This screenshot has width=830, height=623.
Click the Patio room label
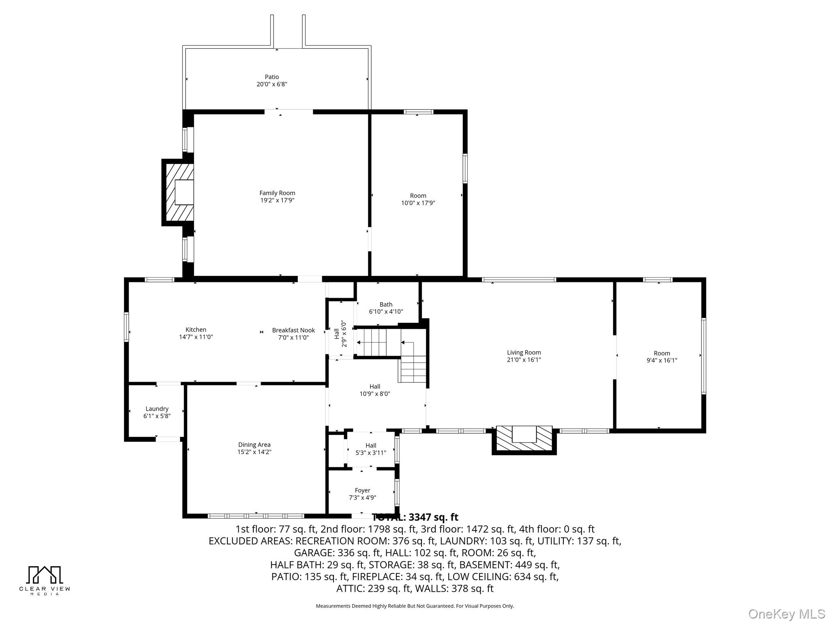(x=272, y=77)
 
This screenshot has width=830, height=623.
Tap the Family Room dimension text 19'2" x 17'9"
(x=277, y=200)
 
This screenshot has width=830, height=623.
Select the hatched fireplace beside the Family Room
(x=178, y=192)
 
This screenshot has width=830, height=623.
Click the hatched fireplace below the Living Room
(x=524, y=440)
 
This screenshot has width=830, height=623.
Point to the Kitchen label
(x=196, y=330)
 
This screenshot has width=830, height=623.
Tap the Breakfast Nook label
(x=293, y=330)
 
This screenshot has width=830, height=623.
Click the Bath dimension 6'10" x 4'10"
(x=386, y=312)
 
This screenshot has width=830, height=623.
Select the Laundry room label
(x=157, y=409)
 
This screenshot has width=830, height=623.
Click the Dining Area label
(x=254, y=445)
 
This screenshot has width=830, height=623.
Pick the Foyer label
(x=362, y=490)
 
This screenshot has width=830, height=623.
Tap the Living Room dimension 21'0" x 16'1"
(x=524, y=360)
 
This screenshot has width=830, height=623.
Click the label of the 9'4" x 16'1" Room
(x=662, y=353)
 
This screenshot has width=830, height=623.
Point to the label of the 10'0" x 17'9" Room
(x=418, y=195)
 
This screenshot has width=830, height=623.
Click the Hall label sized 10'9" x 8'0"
(x=375, y=387)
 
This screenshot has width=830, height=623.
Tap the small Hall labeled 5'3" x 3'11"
(x=371, y=445)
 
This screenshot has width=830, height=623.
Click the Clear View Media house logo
(x=45, y=575)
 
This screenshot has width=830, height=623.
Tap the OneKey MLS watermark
(x=787, y=614)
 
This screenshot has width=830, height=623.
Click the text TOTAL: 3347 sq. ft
(x=415, y=517)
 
